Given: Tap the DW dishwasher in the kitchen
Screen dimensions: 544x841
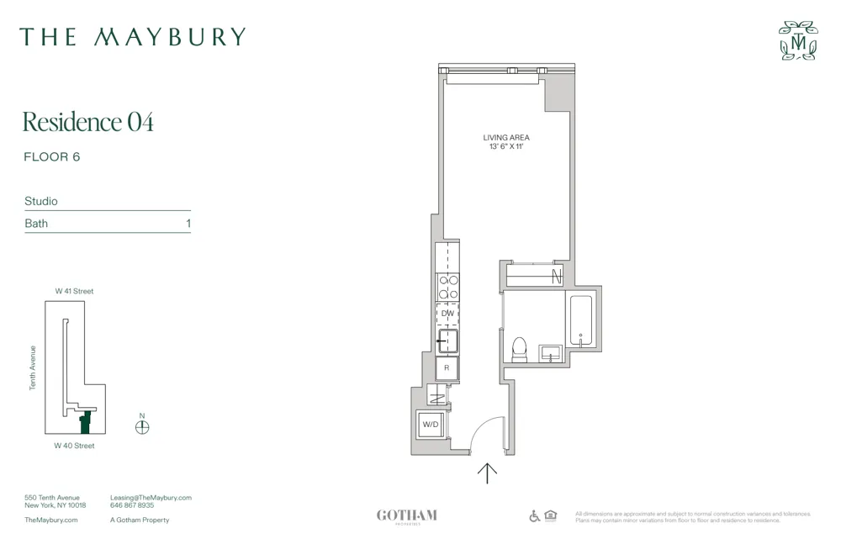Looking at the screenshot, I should pos(447,314).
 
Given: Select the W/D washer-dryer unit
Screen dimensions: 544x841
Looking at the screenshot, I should pos(431,425).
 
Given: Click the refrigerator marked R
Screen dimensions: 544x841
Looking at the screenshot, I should pos(447,368).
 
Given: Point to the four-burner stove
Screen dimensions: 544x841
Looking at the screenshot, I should pos(447,288).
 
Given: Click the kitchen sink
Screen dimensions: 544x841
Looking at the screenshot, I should pos(447,341).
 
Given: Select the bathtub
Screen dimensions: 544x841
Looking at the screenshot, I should pos(581,320).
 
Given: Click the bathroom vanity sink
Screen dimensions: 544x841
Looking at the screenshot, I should pos(551,353).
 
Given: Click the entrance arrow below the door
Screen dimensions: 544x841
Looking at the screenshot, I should pos(487,473).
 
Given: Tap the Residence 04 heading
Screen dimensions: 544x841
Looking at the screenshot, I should pos(88,122).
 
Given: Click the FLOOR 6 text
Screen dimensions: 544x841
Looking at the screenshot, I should pos(52,157).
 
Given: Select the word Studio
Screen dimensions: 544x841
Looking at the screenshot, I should pos(41,202).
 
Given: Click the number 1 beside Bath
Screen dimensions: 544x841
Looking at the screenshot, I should pos(188,224).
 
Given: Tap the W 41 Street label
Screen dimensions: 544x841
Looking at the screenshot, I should pos(75,291).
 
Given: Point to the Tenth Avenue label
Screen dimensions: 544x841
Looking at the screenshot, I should pos(34,367).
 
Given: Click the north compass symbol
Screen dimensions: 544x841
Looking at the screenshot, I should pos(142,426).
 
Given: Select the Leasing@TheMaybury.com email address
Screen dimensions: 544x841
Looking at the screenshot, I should pos(151,498).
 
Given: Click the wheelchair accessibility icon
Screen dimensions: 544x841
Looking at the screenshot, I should pos(534,515).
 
